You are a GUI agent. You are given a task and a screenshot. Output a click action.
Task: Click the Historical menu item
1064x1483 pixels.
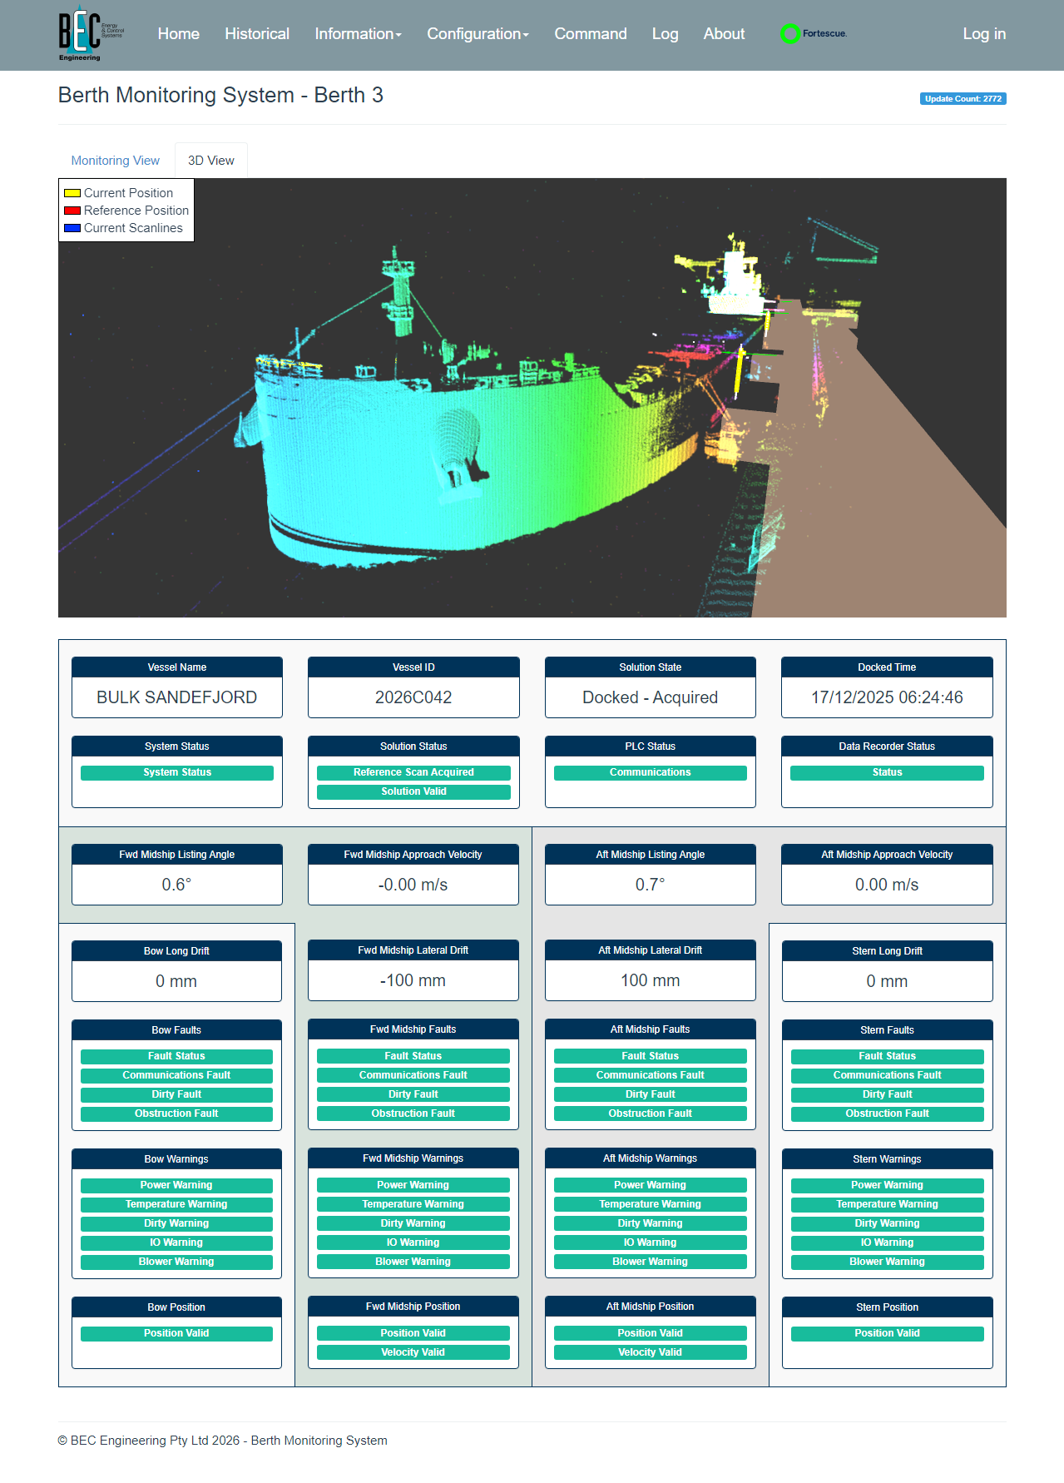(x=257, y=34)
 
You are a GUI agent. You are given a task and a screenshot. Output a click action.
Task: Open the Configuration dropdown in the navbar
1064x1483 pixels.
(x=478, y=34)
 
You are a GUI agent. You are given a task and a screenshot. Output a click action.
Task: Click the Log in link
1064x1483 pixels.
(x=984, y=34)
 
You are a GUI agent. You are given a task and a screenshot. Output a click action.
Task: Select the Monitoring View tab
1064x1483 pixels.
(x=116, y=161)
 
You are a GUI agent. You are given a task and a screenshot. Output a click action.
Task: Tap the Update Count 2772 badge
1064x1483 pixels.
(x=963, y=98)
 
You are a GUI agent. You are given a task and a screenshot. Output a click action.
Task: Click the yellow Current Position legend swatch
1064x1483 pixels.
(x=72, y=193)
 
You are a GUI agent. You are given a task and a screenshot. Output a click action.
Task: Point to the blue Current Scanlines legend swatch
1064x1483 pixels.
(x=72, y=228)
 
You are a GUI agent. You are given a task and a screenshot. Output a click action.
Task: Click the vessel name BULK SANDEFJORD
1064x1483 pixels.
(x=177, y=697)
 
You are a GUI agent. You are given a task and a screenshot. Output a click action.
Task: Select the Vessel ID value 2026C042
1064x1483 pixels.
(x=413, y=697)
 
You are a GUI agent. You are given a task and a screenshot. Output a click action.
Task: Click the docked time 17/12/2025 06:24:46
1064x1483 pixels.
(x=887, y=697)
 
